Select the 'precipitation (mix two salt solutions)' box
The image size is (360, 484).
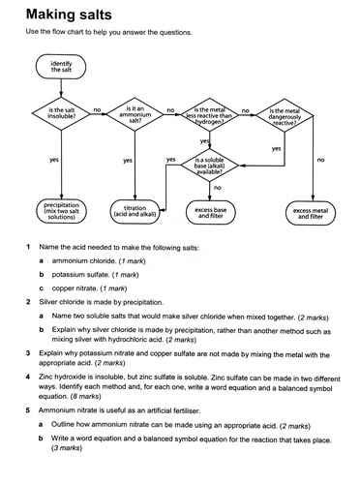(x=60, y=213)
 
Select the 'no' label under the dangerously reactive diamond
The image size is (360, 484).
(x=320, y=160)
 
